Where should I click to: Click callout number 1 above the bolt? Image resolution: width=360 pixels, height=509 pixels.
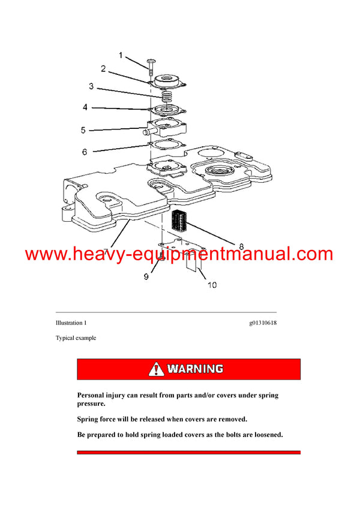pyautogui.click(x=120, y=56)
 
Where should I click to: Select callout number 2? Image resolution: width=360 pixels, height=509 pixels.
pyautogui.click(x=103, y=69)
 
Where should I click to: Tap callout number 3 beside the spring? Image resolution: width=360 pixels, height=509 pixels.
pyautogui.click(x=91, y=86)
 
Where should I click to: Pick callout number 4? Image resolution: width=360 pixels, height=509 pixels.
pyautogui.click(x=85, y=108)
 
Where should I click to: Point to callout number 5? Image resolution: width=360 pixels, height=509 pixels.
pyautogui.click(x=83, y=129)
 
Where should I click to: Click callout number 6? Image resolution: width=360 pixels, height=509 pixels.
pyautogui.click(x=85, y=152)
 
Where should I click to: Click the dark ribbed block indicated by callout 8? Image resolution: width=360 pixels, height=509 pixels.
pyautogui.click(x=180, y=221)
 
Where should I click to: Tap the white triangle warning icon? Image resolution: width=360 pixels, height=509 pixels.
pyautogui.click(x=157, y=369)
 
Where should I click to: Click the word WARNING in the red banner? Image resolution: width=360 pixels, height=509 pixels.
pyautogui.click(x=195, y=369)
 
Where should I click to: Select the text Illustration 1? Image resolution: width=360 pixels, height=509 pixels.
pyautogui.click(x=71, y=323)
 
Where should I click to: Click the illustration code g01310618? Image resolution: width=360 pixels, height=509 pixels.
pyautogui.click(x=263, y=323)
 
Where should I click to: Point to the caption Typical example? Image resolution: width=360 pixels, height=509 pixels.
pyautogui.click(x=76, y=338)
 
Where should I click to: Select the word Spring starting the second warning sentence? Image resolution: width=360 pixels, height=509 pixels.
pyautogui.click(x=89, y=419)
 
